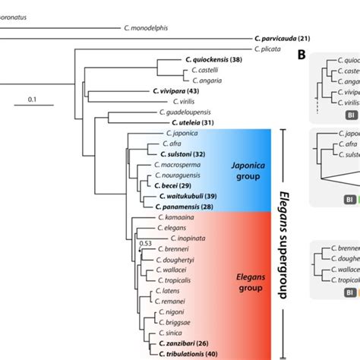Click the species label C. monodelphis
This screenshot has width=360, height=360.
tap(146, 28)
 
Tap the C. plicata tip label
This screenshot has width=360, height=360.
tap(269, 49)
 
